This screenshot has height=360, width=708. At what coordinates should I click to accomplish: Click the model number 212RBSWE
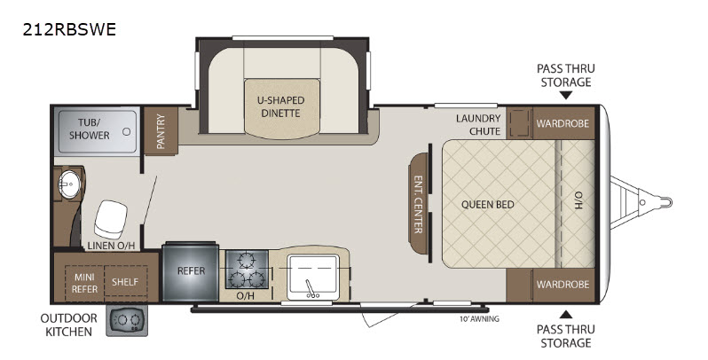(x=69, y=29)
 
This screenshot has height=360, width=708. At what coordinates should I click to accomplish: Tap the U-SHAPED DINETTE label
(x=281, y=106)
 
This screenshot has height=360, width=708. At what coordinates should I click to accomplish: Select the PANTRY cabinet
(x=161, y=131)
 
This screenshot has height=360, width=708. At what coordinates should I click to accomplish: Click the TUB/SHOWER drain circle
(x=127, y=132)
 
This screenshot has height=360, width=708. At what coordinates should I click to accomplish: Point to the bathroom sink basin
(x=69, y=184)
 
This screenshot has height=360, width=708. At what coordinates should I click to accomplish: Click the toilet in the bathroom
(x=111, y=219)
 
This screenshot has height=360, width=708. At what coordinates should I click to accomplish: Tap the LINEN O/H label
(x=111, y=246)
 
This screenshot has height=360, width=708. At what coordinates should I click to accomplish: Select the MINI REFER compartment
(x=84, y=283)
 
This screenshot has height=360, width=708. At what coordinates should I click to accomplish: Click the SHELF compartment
(x=125, y=281)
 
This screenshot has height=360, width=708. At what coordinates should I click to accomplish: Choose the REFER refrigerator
(x=191, y=271)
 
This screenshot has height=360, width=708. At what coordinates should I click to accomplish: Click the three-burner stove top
(x=247, y=270)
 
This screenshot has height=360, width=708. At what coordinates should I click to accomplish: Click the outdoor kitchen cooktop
(x=127, y=320)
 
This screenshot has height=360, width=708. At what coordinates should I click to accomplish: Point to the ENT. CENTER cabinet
(x=418, y=203)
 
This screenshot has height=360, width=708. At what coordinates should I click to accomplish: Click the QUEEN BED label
(x=488, y=204)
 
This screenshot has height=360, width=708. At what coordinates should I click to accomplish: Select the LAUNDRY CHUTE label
(x=478, y=124)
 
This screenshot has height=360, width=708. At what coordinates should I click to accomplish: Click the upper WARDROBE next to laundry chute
(x=563, y=123)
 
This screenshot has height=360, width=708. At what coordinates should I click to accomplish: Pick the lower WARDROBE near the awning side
(x=563, y=285)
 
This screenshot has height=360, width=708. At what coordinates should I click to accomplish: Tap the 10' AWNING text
(x=479, y=319)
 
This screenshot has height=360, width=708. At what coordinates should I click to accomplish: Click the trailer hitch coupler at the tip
(x=664, y=201)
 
